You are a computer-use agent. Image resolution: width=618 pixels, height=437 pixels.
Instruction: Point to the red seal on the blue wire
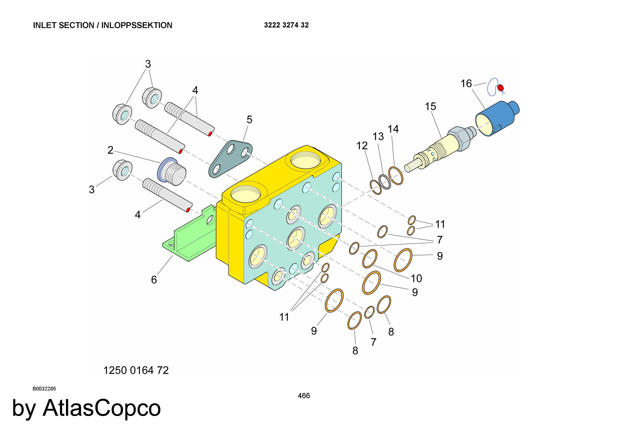(500, 88)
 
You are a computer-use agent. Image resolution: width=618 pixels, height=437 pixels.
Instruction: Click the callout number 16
(466, 83)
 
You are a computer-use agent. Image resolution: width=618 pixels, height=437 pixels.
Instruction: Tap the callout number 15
(430, 107)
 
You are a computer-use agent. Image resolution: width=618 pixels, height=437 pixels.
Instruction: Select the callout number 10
(416, 278)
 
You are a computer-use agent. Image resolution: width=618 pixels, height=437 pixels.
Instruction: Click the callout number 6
(154, 279)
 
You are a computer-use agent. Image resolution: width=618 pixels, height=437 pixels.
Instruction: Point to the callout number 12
(362, 145)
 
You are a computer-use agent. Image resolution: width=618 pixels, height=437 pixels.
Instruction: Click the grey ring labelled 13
(385, 182)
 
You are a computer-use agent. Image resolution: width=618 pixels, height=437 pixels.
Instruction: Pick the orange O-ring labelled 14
(396, 176)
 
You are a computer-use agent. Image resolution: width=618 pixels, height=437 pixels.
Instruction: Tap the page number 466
(304, 396)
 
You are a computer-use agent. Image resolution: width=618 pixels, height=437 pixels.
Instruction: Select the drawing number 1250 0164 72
(136, 370)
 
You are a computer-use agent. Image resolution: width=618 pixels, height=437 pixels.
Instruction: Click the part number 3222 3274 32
(286, 25)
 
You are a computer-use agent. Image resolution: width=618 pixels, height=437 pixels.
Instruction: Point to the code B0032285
(44, 389)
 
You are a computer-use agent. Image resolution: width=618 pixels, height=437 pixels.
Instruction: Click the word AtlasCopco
(102, 408)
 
